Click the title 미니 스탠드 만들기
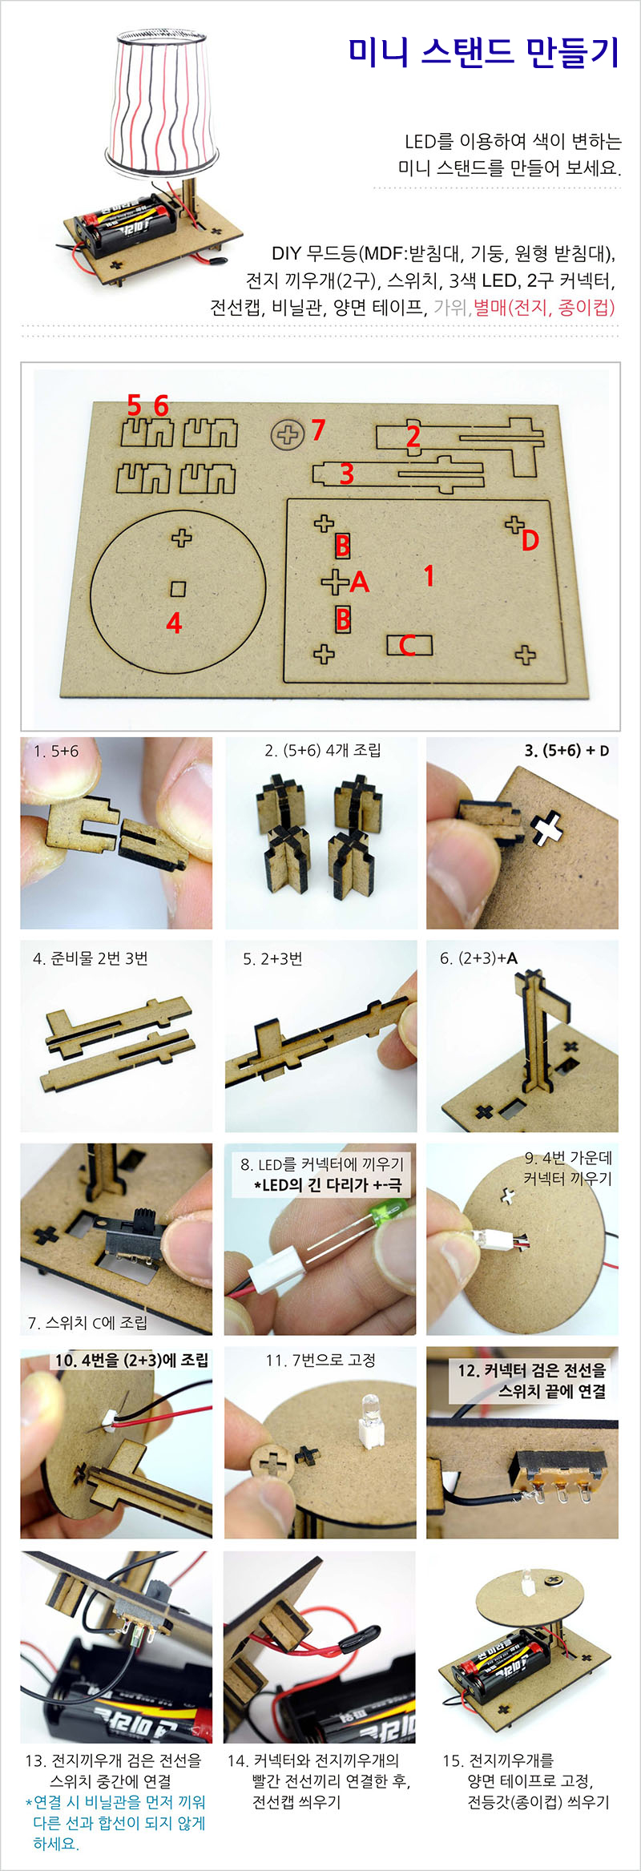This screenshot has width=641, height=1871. tap(484, 52)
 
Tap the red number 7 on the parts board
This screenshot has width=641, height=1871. tap(318, 430)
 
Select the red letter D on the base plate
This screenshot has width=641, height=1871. tap(530, 541)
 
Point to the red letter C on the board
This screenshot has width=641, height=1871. tap(407, 645)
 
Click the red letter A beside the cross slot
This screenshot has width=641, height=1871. tap(360, 582)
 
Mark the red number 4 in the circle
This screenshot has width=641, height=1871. tap(174, 623)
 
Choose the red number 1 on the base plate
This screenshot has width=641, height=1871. tap(429, 575)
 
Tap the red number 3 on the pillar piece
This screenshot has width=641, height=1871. tap(346, 474)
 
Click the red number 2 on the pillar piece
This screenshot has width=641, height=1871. tap(413, 437)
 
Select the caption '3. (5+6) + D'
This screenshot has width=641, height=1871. tap(566, 751)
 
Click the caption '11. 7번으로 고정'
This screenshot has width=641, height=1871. tap(320, 1360)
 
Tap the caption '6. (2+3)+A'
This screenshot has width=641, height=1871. tap(478, 958)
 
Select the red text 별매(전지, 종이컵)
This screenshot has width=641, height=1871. tap(544, 307)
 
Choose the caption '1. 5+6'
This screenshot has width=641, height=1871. tap(56, 751)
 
